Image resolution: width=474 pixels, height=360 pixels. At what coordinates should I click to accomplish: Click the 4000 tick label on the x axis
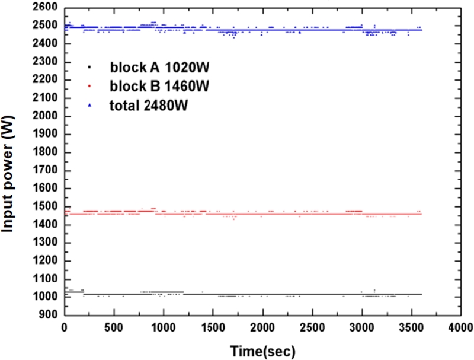point(460,327)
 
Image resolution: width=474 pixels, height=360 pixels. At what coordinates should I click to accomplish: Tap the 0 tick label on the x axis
point(65,327)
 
